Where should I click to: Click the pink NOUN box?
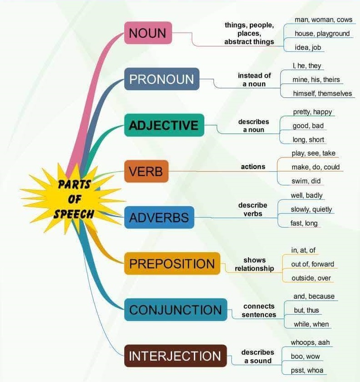(x=148, y=33)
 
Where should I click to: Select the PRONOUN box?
(x=162, y=79)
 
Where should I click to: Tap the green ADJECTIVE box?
(x=164, y=125)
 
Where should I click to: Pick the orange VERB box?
(x=146, y=172)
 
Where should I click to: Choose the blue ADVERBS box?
(x=159, y=218)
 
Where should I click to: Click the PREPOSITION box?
(x=172, y=264)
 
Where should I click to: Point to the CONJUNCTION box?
(x=175, y=310)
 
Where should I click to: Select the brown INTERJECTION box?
(x=175, y=356)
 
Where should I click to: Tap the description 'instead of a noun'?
(x=254, y=80)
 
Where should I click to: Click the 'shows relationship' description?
(x=254, y=264)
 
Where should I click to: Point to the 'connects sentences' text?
(x=259, y=311)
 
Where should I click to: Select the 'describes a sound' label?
(x=258, y=357)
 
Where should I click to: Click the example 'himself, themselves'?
(x=322, y=94)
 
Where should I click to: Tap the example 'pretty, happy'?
(x=312, y=112)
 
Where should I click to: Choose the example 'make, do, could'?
(x=315, y=167)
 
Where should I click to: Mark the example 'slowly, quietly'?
(x=311, y=209)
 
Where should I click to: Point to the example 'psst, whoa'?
(x=307, y=370)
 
